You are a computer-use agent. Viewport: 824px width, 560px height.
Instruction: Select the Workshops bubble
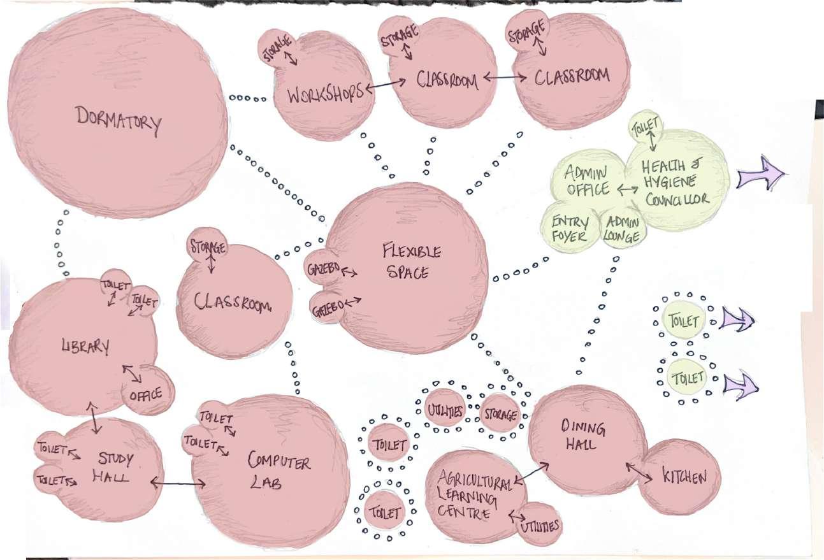click(325, 89)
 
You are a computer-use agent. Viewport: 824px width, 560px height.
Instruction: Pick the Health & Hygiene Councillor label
click(674, 183)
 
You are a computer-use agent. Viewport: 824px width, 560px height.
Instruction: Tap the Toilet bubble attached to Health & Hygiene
click(647, 126)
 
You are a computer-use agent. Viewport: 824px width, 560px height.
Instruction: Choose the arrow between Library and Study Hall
click(94, 418)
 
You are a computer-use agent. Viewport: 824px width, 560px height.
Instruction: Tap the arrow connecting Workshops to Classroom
click(387, 85)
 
